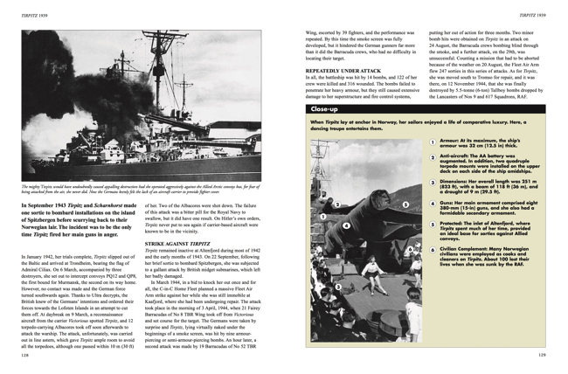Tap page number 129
[x=542, y=357]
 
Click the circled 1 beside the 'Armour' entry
[x=432, y=142]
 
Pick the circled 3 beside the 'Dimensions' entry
[x=432, y=184]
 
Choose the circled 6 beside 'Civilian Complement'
[x=432, y=249]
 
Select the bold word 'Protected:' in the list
[x=455, y=223]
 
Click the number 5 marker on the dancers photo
[x=405, y=204]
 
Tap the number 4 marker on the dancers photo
[x=347, y=225]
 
